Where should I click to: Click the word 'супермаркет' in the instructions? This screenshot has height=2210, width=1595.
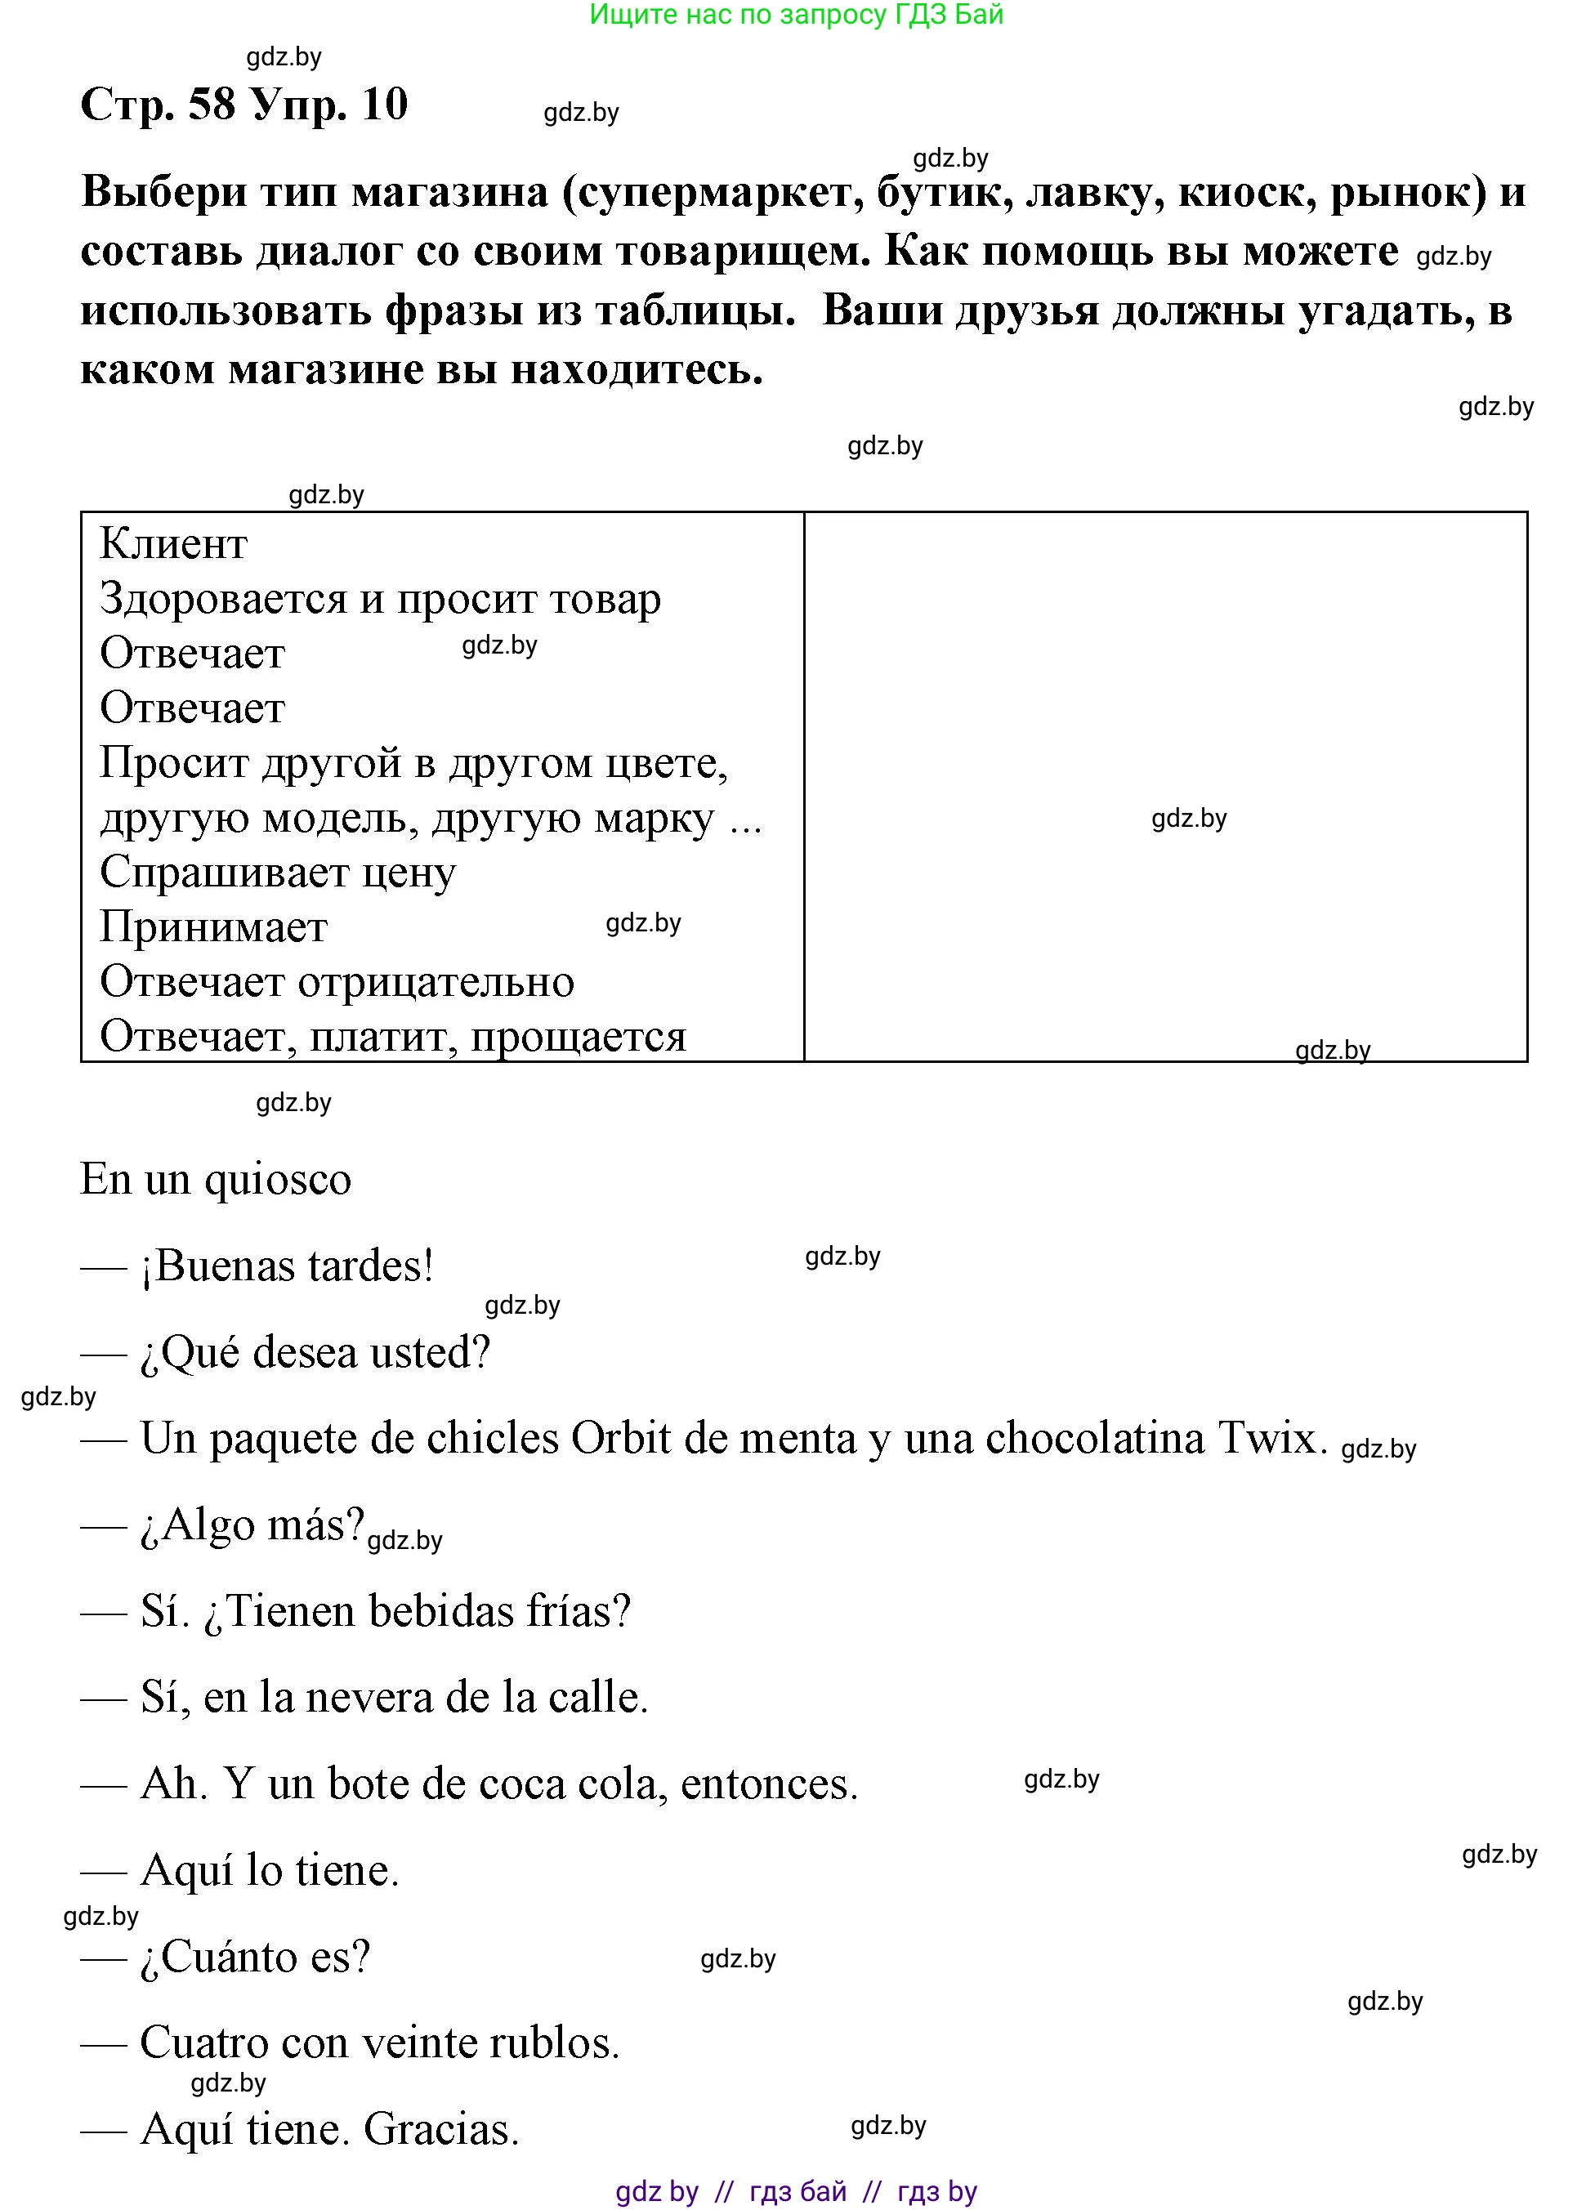click(x=721, y=192)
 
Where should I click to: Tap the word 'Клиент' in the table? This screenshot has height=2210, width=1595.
click(x=173, y=544)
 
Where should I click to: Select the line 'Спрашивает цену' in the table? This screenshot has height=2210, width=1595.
click(x=278, y=872)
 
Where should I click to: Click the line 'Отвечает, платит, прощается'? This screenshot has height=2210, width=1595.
click(x=393, y=1036)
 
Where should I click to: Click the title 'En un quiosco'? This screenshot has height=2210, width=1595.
click(x=216, y=1180)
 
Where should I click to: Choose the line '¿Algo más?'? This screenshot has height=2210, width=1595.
click(x=252, y=1526)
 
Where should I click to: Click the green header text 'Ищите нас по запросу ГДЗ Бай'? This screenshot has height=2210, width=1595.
click(x=796, y=15)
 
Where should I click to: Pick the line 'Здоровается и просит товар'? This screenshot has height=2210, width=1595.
click(x=380, y=598)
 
